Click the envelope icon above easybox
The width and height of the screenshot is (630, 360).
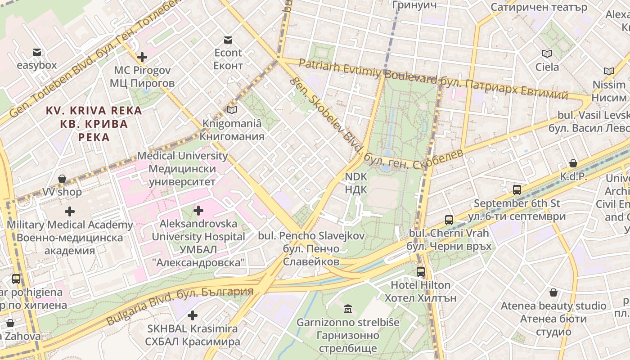[36, 52]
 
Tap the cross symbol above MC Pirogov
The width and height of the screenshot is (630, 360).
[142, 57]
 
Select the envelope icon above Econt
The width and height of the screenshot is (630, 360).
[228, 40]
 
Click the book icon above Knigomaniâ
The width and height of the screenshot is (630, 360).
[232, 110]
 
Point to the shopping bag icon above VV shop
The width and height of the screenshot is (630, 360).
[62, 179]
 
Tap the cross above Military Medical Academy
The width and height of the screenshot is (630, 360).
[70, 211]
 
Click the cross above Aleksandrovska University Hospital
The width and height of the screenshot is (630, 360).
[198, 210]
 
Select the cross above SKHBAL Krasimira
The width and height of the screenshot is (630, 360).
[193, 315]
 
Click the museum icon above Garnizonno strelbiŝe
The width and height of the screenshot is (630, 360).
[347, 309]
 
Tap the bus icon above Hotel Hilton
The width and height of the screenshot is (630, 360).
[420, 272]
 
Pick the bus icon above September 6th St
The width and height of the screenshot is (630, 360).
[517, 190]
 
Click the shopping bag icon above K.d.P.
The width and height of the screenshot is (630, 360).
[573, 163]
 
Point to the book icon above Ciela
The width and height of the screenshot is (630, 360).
[547, 54]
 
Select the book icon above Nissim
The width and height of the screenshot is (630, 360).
[608, 71]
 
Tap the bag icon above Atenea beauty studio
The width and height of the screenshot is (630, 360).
[553, 293]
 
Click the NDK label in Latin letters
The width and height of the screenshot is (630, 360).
[356, 177]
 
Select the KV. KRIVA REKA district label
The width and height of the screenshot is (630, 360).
[94, 111]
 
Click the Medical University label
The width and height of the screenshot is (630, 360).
[182, 156]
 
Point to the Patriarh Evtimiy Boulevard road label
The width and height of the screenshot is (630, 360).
[367, 72]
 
